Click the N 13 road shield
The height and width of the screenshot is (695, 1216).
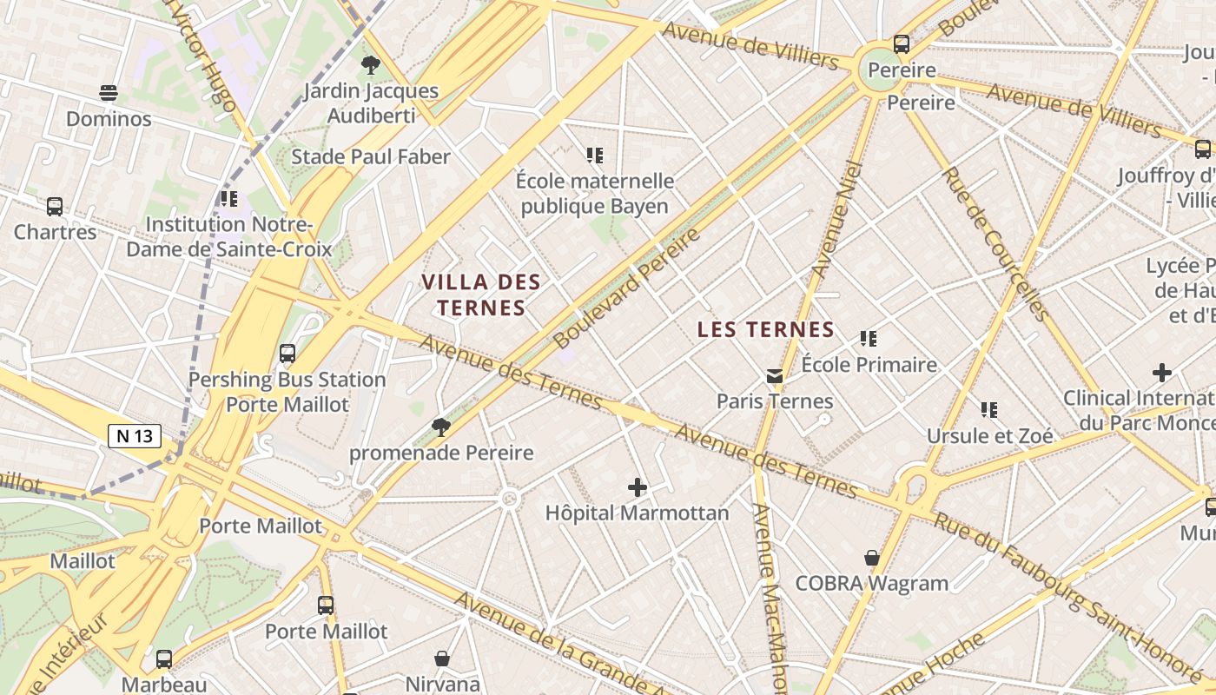[x=135, y=435]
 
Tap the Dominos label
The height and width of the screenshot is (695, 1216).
[x=109, y=118]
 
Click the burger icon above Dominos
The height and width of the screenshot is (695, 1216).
[x=109, y=92]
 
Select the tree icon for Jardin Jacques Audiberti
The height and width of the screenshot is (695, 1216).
[x=371, y=64]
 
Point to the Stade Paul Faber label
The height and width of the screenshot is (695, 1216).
[x=371, y=156]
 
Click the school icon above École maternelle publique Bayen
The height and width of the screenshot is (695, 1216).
[x=595, y=156]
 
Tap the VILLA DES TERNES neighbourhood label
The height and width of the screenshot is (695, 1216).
[x=481, y=295]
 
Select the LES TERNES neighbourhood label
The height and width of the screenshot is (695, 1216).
[x=766, y=329]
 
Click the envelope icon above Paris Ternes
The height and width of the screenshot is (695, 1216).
[x=774, y=376]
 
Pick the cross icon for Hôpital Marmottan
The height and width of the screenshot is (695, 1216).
[x=638, y=487]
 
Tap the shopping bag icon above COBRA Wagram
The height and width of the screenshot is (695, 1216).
[x=872, y=558]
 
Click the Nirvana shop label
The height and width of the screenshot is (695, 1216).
[x=442, y=684]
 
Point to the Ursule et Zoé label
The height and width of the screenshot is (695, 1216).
[x=989, y=435]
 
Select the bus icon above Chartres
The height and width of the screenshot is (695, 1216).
[x=55, y=207]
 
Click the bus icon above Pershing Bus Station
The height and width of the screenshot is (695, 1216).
[x=287, y=354]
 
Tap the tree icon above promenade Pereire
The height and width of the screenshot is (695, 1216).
[x=441, y=427]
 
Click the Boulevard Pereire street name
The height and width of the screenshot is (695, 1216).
[x=626, y=288]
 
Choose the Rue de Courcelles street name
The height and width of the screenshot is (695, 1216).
[x=995, y=244]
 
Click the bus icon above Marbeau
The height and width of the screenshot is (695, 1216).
[x=164, y=659]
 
